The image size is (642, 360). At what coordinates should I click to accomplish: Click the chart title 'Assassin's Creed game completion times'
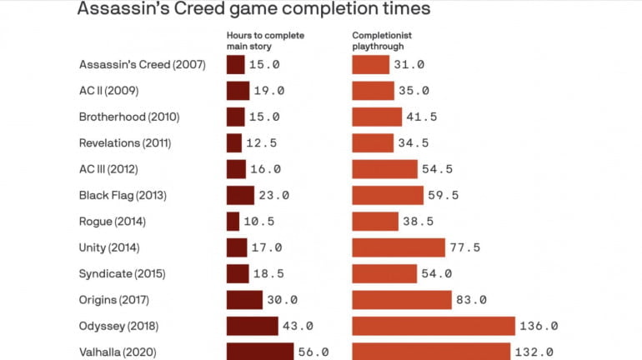tap(253, 9)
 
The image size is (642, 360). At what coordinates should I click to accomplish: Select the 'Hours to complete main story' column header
tap(266, 40)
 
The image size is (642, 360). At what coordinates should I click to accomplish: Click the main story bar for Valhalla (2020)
tap(260, 352)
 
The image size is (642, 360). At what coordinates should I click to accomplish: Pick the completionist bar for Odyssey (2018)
tap(434, 326)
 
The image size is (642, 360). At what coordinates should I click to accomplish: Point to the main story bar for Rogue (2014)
tap(233, 222)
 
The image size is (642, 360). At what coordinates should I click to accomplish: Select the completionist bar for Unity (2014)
tap(399, 247)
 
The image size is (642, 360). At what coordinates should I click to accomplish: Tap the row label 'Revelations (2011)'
tap(125, 143)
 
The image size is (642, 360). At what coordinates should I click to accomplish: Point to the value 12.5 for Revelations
tap(264, 143)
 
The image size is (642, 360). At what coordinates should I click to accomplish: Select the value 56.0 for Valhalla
tap(313, 352)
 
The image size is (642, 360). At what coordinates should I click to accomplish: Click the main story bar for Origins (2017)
tap(245, 300)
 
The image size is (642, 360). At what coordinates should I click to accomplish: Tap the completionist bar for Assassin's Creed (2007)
tap(371, 64)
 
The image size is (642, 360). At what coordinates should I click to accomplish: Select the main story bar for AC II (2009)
tap(238, 91)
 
